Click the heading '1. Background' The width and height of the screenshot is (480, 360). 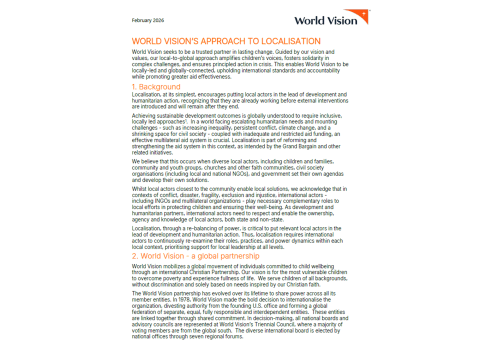pos(162,87)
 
